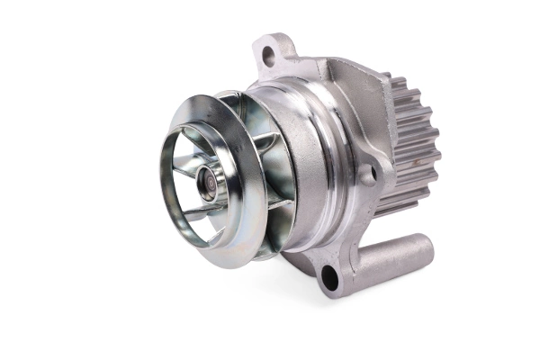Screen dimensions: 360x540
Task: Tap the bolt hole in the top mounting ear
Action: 268,56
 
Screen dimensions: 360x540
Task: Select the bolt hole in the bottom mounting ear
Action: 329,278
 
